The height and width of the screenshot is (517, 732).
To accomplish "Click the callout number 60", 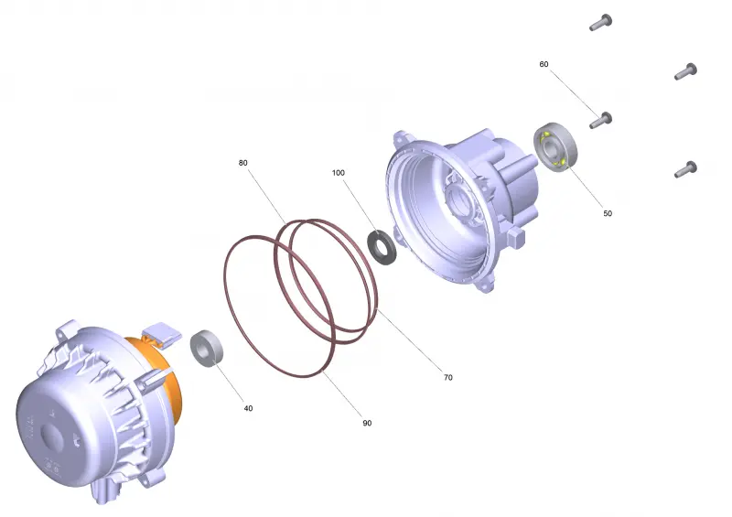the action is pyautogui.click(x=544, y=64).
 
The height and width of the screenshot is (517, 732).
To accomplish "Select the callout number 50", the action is pyautogui.click(x=607, y=213).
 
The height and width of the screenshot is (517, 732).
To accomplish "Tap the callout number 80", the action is pyautogui.click(x=242, y=163).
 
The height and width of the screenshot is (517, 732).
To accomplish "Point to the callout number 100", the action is pyautogui.click(x=338, y=173).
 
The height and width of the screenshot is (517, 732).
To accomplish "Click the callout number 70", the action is pyautogui.click(x=447, y=377).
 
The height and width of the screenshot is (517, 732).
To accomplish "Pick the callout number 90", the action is pyautogui.click(x=367, y=423).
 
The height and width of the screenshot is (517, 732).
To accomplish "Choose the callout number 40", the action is pyautogui.click(x=248, y=408).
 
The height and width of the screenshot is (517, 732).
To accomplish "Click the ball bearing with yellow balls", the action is pyautogui.click(x=555, y=146).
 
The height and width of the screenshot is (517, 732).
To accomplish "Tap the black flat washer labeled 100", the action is pyautogui.click(x=382, y=246).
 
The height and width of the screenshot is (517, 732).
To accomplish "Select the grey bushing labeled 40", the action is pyautogui.click(x=207, y=349).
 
